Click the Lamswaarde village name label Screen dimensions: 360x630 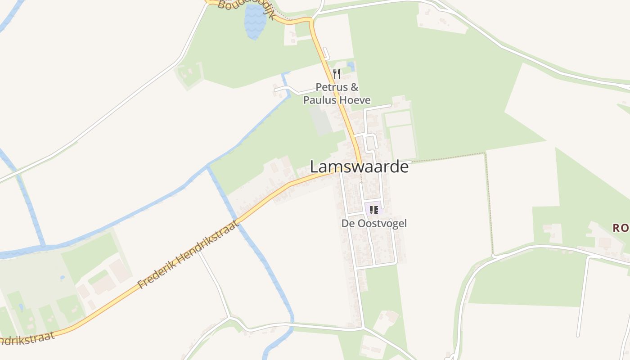(x=359, y=167)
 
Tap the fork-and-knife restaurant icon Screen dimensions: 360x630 (x=336, y=73)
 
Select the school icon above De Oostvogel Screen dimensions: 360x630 (x=373, y=210)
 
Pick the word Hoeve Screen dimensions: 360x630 (x=355, y=100)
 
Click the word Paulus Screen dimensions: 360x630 (x=319, y=100)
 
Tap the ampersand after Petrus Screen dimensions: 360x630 (x=354, y=87)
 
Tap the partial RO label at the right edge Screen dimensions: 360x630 (x=621, y=228)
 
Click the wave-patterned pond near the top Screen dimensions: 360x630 (x=255, y=22)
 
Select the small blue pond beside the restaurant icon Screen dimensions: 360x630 (x=351, y=67)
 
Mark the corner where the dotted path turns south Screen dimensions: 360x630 (x=485, y=154)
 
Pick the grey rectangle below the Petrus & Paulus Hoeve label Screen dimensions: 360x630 (x=321, y=121)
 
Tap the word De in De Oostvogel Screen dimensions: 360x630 (x=348, y=223)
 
